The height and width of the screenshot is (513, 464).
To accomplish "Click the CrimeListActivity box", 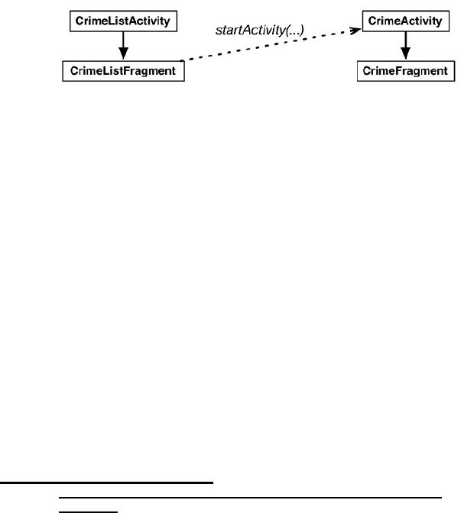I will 124,21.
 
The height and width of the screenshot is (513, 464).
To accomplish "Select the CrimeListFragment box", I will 123,72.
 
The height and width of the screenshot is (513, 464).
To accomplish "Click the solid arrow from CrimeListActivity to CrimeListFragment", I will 124,46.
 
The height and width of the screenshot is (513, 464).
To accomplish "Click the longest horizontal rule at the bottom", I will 251,497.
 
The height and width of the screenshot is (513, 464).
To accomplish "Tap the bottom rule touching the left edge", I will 106,482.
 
